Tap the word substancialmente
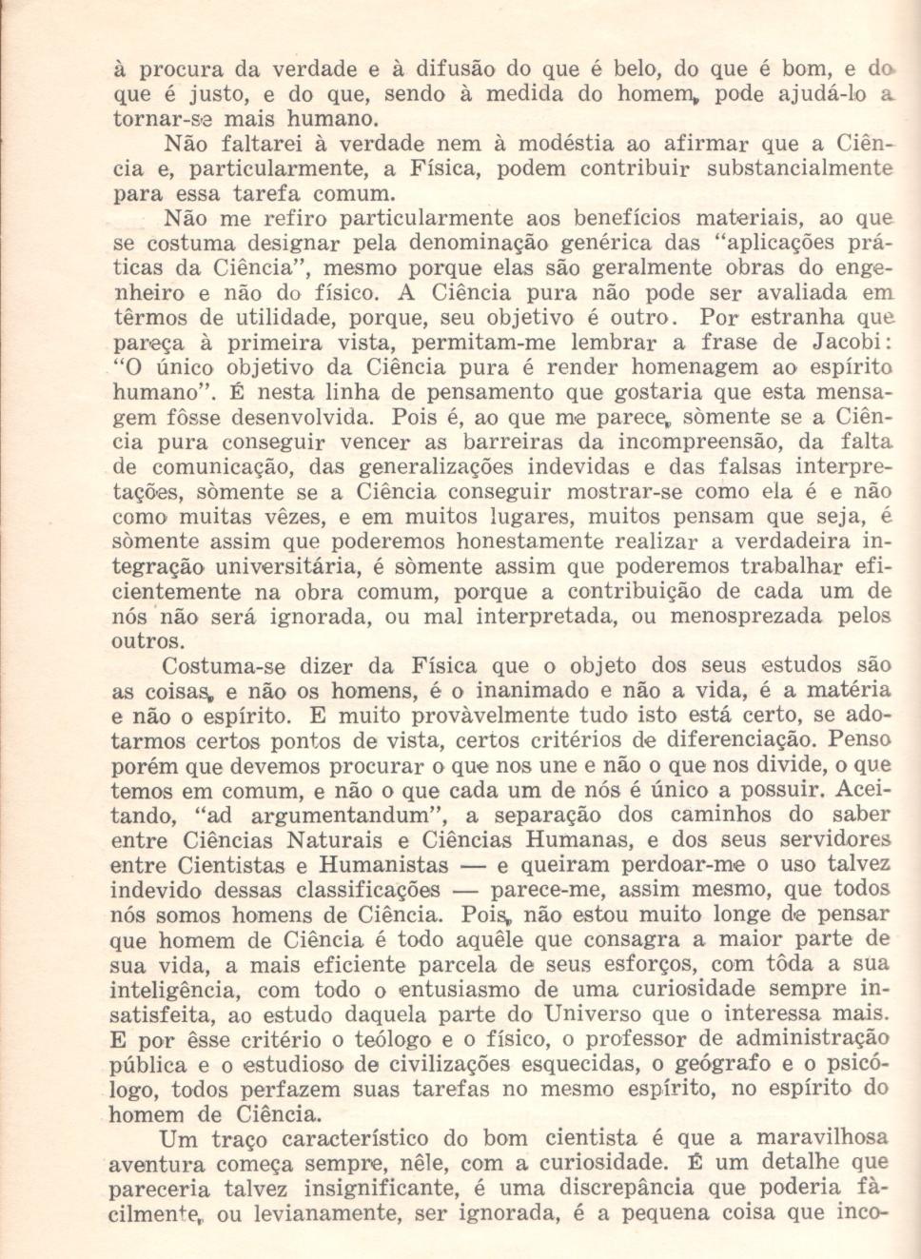coord(799,169)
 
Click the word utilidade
coord(268,318)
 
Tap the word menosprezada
coord(746,616)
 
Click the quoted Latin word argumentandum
coord(338,816)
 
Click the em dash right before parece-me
coord(464,891)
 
